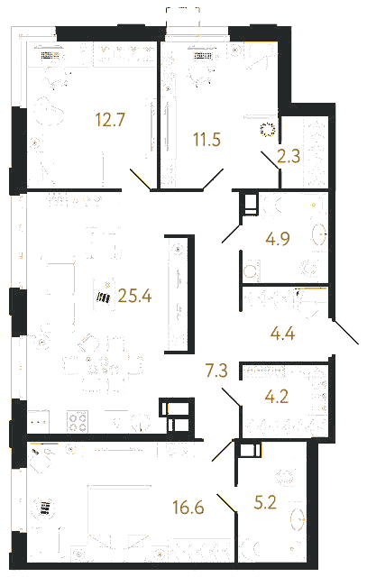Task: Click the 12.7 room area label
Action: [x=110, y=120]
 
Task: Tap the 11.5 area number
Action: [x=206, y=140]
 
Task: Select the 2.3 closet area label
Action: [x=289, y=156]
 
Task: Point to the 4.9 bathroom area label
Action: [x=278, y=238]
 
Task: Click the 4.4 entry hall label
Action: [x=282, y=334]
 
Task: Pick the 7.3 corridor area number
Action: [x=216, y=371]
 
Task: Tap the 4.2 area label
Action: [x=277, y=397]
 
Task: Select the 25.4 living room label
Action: [x=134, y=296]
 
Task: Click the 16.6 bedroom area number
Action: [x=188, y=508]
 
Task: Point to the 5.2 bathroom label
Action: [x=265, y=502]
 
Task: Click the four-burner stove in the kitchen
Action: [x=78, y=422]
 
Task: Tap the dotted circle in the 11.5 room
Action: [x=268, y=130]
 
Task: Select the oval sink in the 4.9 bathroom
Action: [x=319, y=234]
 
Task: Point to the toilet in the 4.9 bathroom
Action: [x=251, y=270]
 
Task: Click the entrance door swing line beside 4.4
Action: [x=345, y=333]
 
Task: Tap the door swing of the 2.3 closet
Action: [x=270, y=160]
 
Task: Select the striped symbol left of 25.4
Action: [x=103, y=298]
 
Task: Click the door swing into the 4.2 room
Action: [x=231, y=397]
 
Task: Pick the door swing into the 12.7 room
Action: [x=141, y=179]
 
